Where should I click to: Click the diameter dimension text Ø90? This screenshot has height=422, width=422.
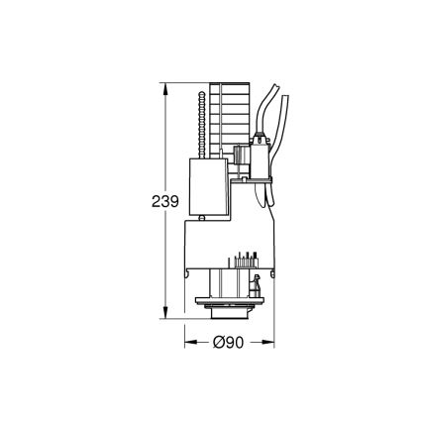(x=230, y=343)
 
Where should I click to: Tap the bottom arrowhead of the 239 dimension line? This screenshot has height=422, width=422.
(x=164, y=316)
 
